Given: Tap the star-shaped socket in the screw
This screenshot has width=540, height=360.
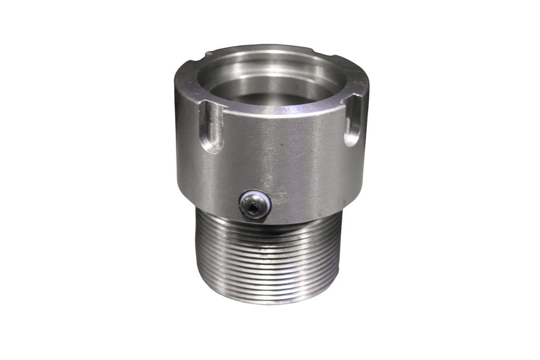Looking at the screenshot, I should (253, 207).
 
